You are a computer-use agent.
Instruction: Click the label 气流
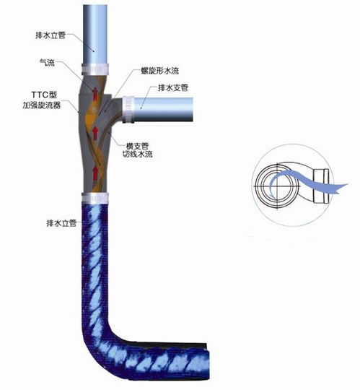click(47, 62)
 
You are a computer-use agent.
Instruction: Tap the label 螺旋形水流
click(159, 71)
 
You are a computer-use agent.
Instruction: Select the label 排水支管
click(173, 87)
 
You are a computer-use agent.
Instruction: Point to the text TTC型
click(44, 95)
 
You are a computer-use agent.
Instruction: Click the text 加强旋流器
click(42, 105)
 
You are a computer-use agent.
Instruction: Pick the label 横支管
click(137, 146)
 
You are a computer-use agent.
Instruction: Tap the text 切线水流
click(137, 155)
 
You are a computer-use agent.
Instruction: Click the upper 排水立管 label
click(51, 35)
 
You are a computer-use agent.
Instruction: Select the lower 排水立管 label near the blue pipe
click(61, 223)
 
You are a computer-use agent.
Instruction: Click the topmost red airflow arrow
click(95, 93)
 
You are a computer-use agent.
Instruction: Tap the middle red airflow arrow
click(95, 132)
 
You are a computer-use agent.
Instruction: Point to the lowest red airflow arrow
click(95, 173)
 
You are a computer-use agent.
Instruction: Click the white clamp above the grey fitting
click(95, 69)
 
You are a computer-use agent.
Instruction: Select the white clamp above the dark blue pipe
click(95, 198)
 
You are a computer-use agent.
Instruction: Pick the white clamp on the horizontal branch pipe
click(128, 110)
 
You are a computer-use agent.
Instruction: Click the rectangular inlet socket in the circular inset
click(321, 186)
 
